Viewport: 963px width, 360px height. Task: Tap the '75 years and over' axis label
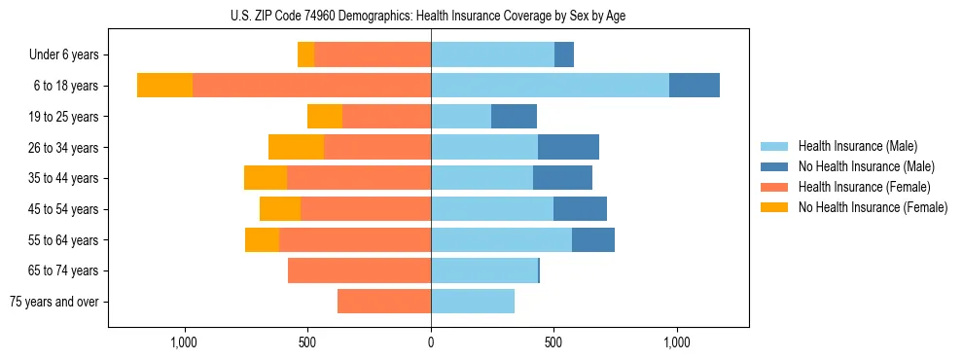click(x=54, y=302)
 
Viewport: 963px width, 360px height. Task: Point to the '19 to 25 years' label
click(x=64, y=117)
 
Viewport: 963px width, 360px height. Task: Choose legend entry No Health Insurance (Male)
click(x=866, y=166)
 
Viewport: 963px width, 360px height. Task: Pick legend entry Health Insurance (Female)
click(x=864, y=187)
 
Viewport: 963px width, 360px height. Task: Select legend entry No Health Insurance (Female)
click(x=873, y=207)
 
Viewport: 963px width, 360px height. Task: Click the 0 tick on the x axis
click(x=431, y=342)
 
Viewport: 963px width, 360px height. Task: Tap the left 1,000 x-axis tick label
click(x=185, y=342)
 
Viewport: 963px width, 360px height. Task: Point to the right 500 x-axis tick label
click(x=553, y=342)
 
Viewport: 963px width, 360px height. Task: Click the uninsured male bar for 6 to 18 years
click(x=695, y=86)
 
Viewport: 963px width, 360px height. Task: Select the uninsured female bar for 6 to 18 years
click(x=164, y=86)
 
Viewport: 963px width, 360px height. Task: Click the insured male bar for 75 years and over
click(x=473, y=302)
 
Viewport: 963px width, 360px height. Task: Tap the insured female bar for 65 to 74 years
click(x=359, y=270)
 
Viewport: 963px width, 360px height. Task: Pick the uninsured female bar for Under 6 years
click(x=305, y=55)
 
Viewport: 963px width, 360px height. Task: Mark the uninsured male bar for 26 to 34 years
click(x=568, y=147)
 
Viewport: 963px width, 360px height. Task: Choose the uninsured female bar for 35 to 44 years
click(x=266, y=178)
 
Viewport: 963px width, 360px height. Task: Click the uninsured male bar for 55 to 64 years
click(x=593, y=239)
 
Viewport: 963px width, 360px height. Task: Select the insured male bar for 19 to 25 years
click(x=461, y=117)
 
